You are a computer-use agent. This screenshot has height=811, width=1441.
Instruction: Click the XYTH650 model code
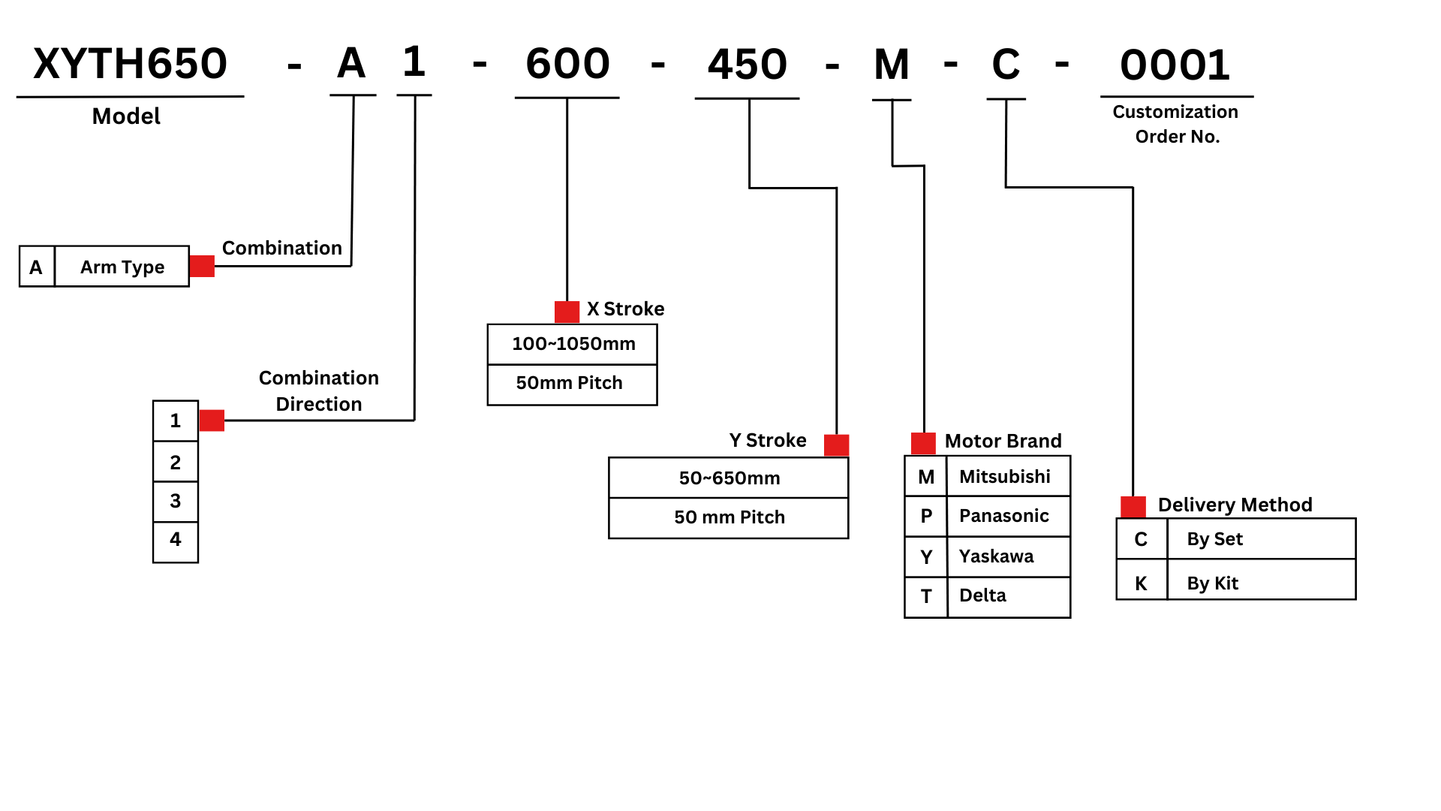pyautogui.click(x=130, y=64)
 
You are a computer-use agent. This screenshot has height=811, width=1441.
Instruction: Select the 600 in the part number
pyautogui.click(x=567, y=64)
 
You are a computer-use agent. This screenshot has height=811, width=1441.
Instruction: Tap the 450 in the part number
pyautogui.click(x=748, y=65)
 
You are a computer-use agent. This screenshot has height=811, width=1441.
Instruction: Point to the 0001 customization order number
pyautogui.click(x=1175, y=65)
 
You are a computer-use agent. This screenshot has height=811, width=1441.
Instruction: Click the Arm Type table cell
pyautogui.click(x=122, y=267)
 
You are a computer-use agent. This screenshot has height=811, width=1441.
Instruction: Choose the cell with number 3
pyautogui.click(x=176, y=501)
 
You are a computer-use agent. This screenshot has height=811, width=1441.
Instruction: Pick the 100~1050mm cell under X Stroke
pyautogui.click(x=573, y=344)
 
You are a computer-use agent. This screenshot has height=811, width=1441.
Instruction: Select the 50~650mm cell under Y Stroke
pyautogui.click(x=729, y=478)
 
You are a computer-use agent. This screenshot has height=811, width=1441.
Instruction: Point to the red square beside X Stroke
pyautogui.click(x=567, y=312)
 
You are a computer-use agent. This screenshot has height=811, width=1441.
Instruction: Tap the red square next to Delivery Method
pyautogui.click(x=1133, y=507)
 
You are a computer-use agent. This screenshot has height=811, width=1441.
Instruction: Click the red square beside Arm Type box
pyautogui.click(x=202, y=266)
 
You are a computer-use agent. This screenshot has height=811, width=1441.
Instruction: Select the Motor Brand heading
pyautogui.click(x=1003, y=441)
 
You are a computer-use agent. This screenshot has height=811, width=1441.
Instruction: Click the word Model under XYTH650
pyautogui.click(x=126, y=116)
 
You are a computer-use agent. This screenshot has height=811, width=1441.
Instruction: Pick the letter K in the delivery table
pyautogui.click(x=1141, y=583)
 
